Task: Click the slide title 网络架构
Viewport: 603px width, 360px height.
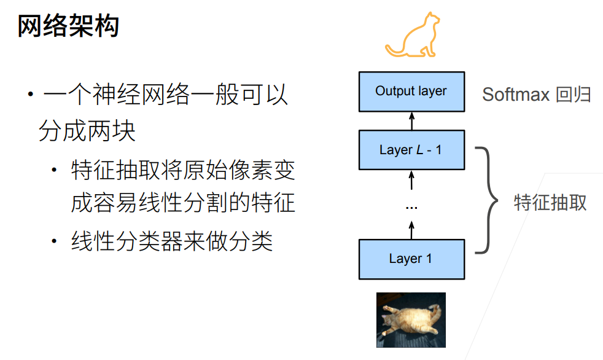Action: coord(68,26)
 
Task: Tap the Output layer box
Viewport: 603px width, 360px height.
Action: coord(411,92)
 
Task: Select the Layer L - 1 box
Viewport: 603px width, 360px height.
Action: coord(411,150)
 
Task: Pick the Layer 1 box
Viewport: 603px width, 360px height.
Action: coord(411,259)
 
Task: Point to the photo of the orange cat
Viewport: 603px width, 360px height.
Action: coord(411,319)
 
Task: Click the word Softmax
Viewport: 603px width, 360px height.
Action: coord(515,95)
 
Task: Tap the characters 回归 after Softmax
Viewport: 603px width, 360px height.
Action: coord(573,95)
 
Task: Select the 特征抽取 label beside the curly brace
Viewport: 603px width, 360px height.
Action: coord(550,203)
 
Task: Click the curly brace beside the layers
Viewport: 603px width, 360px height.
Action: coord(489,200)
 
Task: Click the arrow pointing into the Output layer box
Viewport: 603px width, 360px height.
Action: coord(411,120)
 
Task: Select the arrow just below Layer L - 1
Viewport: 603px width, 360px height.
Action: coord(411,180)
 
